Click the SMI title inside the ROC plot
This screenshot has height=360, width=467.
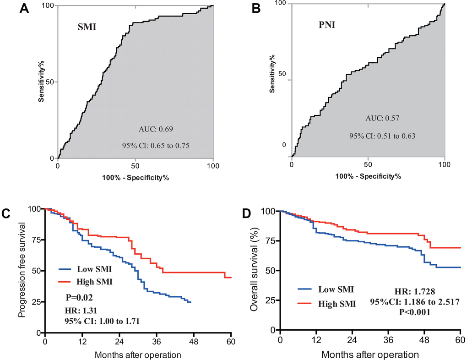click(86, 27)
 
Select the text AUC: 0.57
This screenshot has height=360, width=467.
click(376, 118)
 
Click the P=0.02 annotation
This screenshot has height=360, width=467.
click(81, 297)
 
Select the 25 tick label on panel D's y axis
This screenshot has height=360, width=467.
click(270, 300)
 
